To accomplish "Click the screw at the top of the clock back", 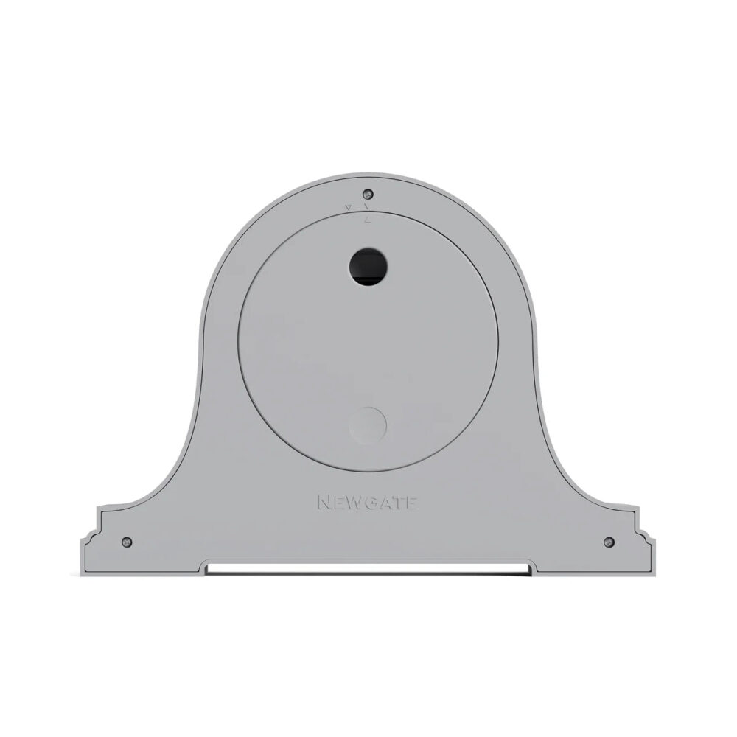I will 368,195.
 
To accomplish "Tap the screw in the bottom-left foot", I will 128,542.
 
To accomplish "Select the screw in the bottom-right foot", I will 609,542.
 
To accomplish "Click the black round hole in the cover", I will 368,267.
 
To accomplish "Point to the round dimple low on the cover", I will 368,426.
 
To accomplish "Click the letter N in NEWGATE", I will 324,503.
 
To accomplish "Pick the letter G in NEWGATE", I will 372,503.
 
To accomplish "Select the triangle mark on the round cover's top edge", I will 366,219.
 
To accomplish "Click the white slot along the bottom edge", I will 368,568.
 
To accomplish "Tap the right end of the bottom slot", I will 528,568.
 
